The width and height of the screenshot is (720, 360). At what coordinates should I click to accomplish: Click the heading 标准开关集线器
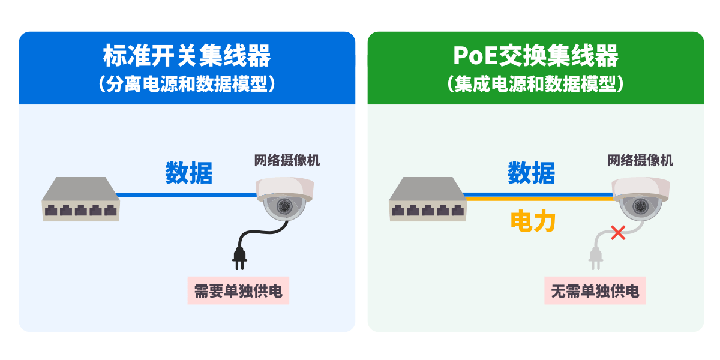pos(187,56)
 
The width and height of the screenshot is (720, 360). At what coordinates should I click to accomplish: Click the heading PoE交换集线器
pos(535,56)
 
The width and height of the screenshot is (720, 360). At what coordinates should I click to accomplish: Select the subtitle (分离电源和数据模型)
pos(187,84)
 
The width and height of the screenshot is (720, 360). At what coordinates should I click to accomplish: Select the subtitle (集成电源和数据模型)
pos(535,84)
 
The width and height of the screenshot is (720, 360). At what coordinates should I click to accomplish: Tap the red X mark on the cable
pos(617,232)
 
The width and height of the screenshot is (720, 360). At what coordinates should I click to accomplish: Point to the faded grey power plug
pos(595,256)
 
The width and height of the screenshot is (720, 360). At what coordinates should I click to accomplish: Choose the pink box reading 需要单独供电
pos(238,291)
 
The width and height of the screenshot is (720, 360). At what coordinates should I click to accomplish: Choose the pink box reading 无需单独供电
pos(595,291)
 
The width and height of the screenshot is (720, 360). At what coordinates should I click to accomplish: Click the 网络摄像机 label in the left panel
pos(287,160)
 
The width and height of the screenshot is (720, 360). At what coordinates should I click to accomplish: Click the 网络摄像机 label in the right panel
pos(640,160)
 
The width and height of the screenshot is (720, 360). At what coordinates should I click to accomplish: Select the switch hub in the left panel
pos(80,199)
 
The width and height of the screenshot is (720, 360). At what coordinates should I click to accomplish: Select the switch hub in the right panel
pos(427,199)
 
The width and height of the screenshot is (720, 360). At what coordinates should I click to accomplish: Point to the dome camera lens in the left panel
pos(284,206)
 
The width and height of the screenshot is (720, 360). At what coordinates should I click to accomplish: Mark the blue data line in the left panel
pos(186,194)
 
